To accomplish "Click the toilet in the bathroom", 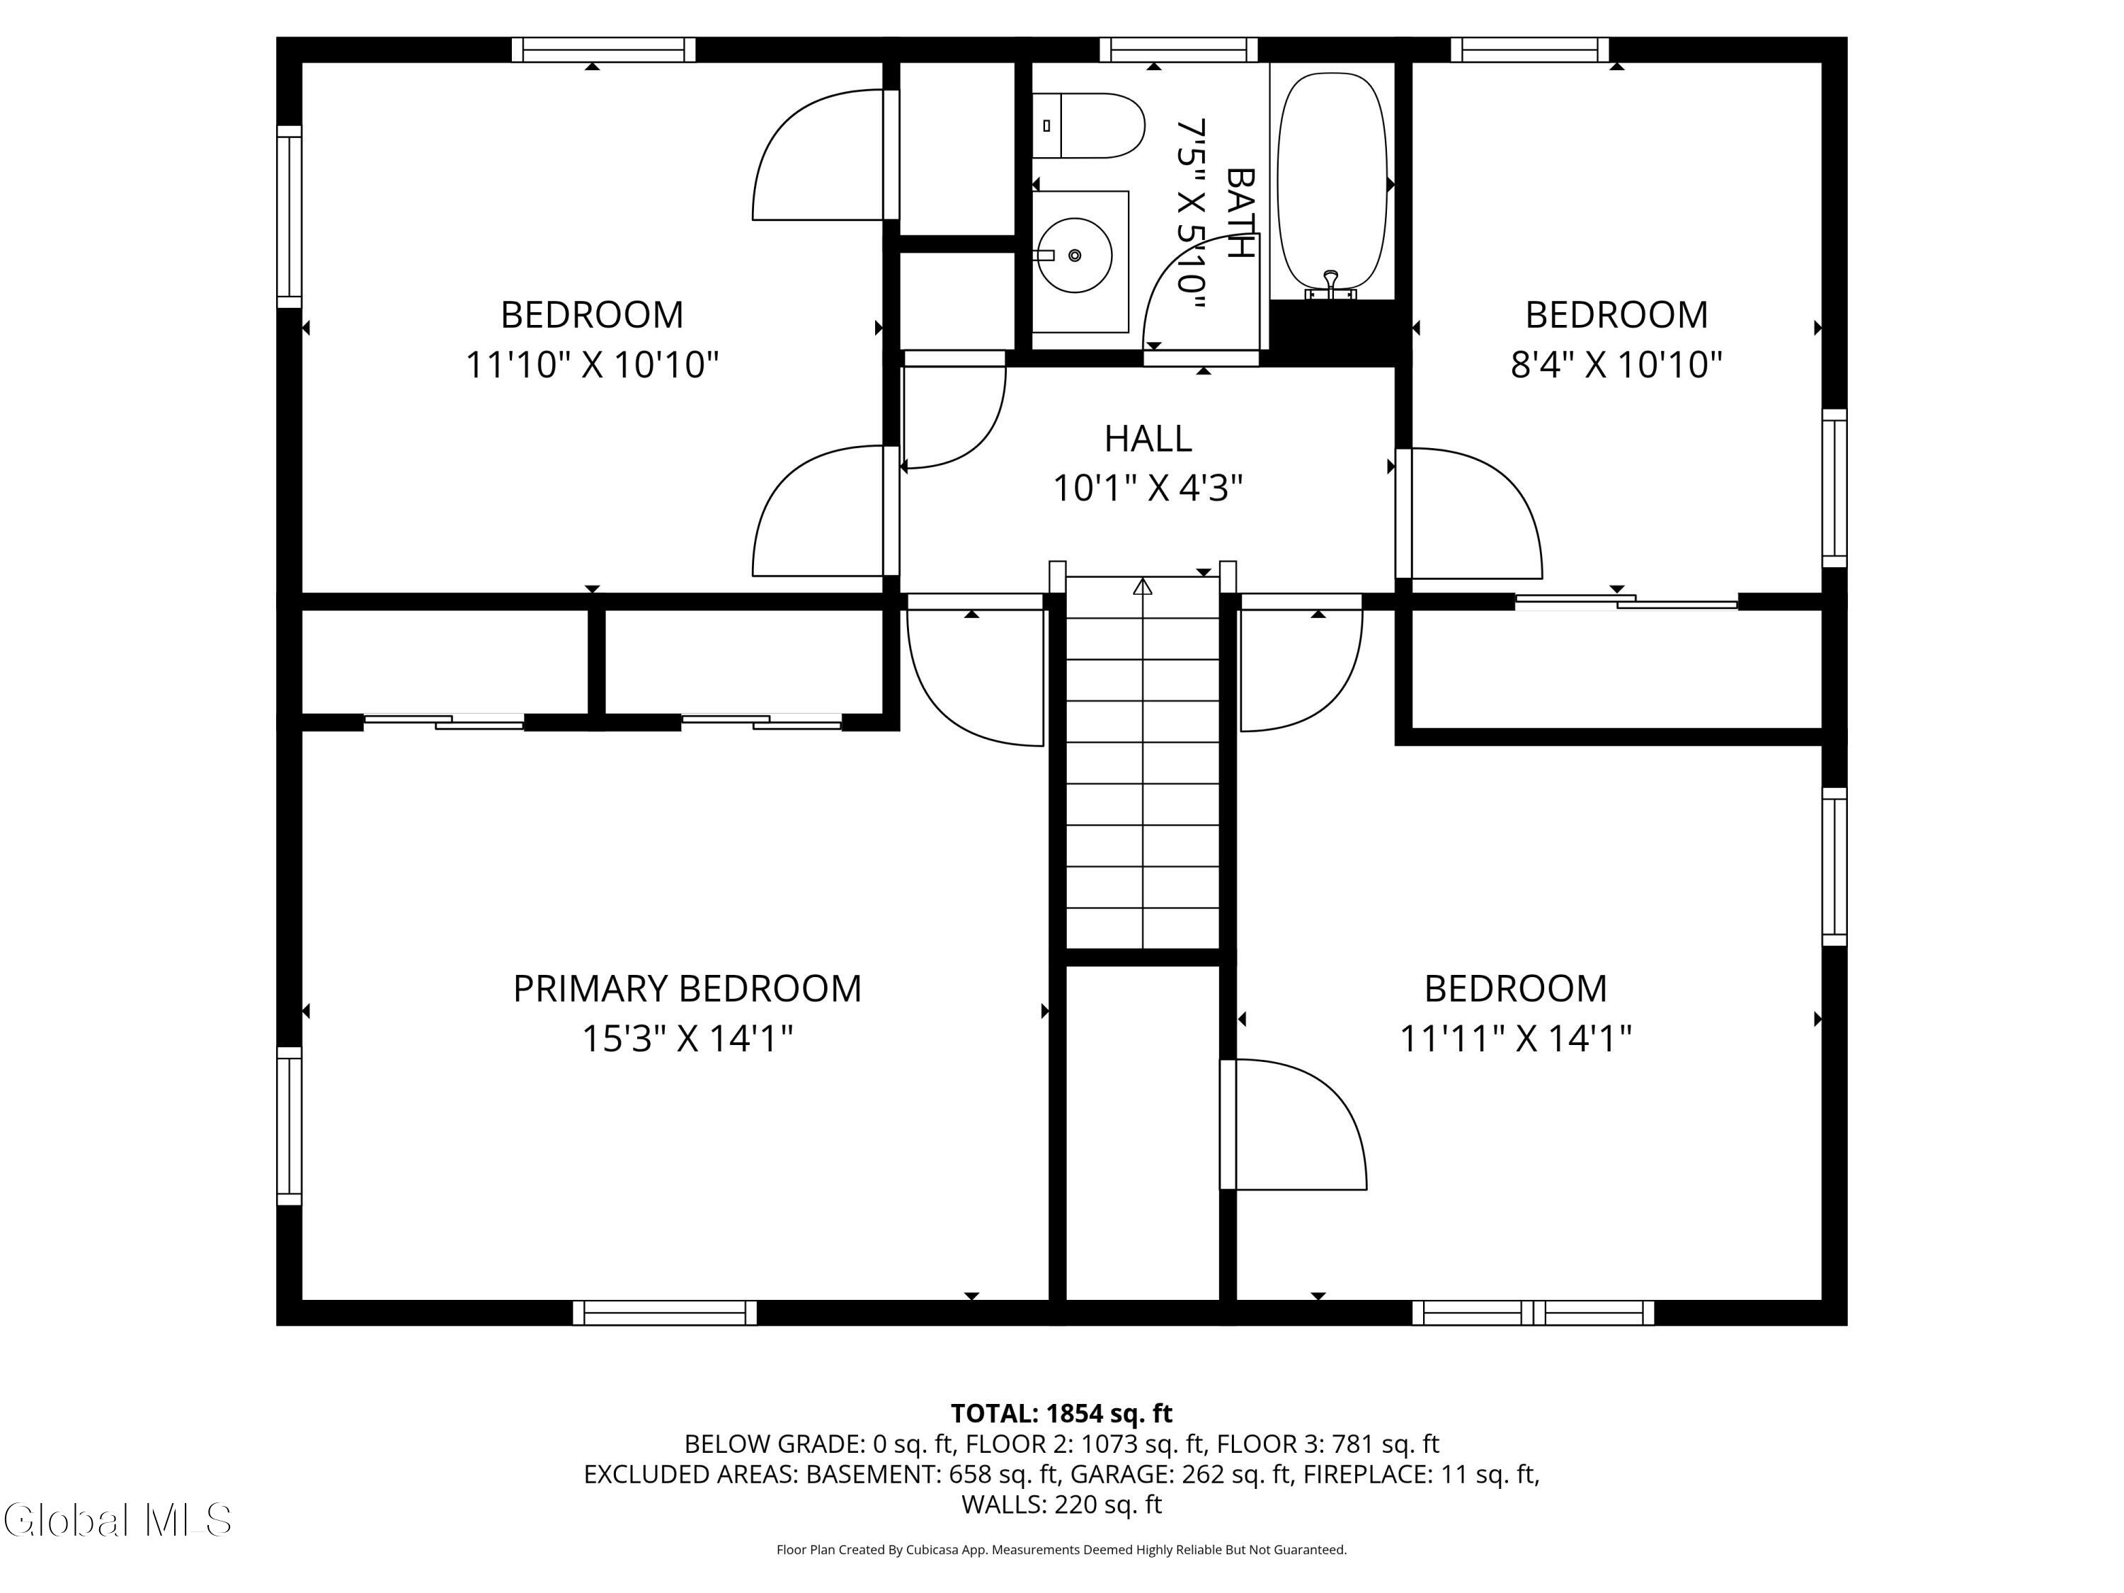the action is [1089, 126].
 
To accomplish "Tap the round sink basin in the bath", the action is [1075, 256].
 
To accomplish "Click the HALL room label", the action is [1148, 439].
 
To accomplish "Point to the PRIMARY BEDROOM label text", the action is [687, 989].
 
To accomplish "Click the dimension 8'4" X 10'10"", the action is [1617, 365].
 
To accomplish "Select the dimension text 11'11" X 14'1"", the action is [1515, 1039].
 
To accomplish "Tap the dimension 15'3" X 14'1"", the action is [687, 1039].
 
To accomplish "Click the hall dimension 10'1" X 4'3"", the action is [1148, 489].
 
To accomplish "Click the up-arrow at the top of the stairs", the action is [1143, 586].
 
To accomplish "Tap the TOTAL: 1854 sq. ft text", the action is [1061, 1413].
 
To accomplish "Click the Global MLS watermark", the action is [117, 1520].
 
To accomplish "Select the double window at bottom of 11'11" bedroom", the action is [1534, 1313].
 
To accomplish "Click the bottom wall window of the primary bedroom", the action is [665, 1313].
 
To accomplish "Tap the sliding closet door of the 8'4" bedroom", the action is [1626, 602].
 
